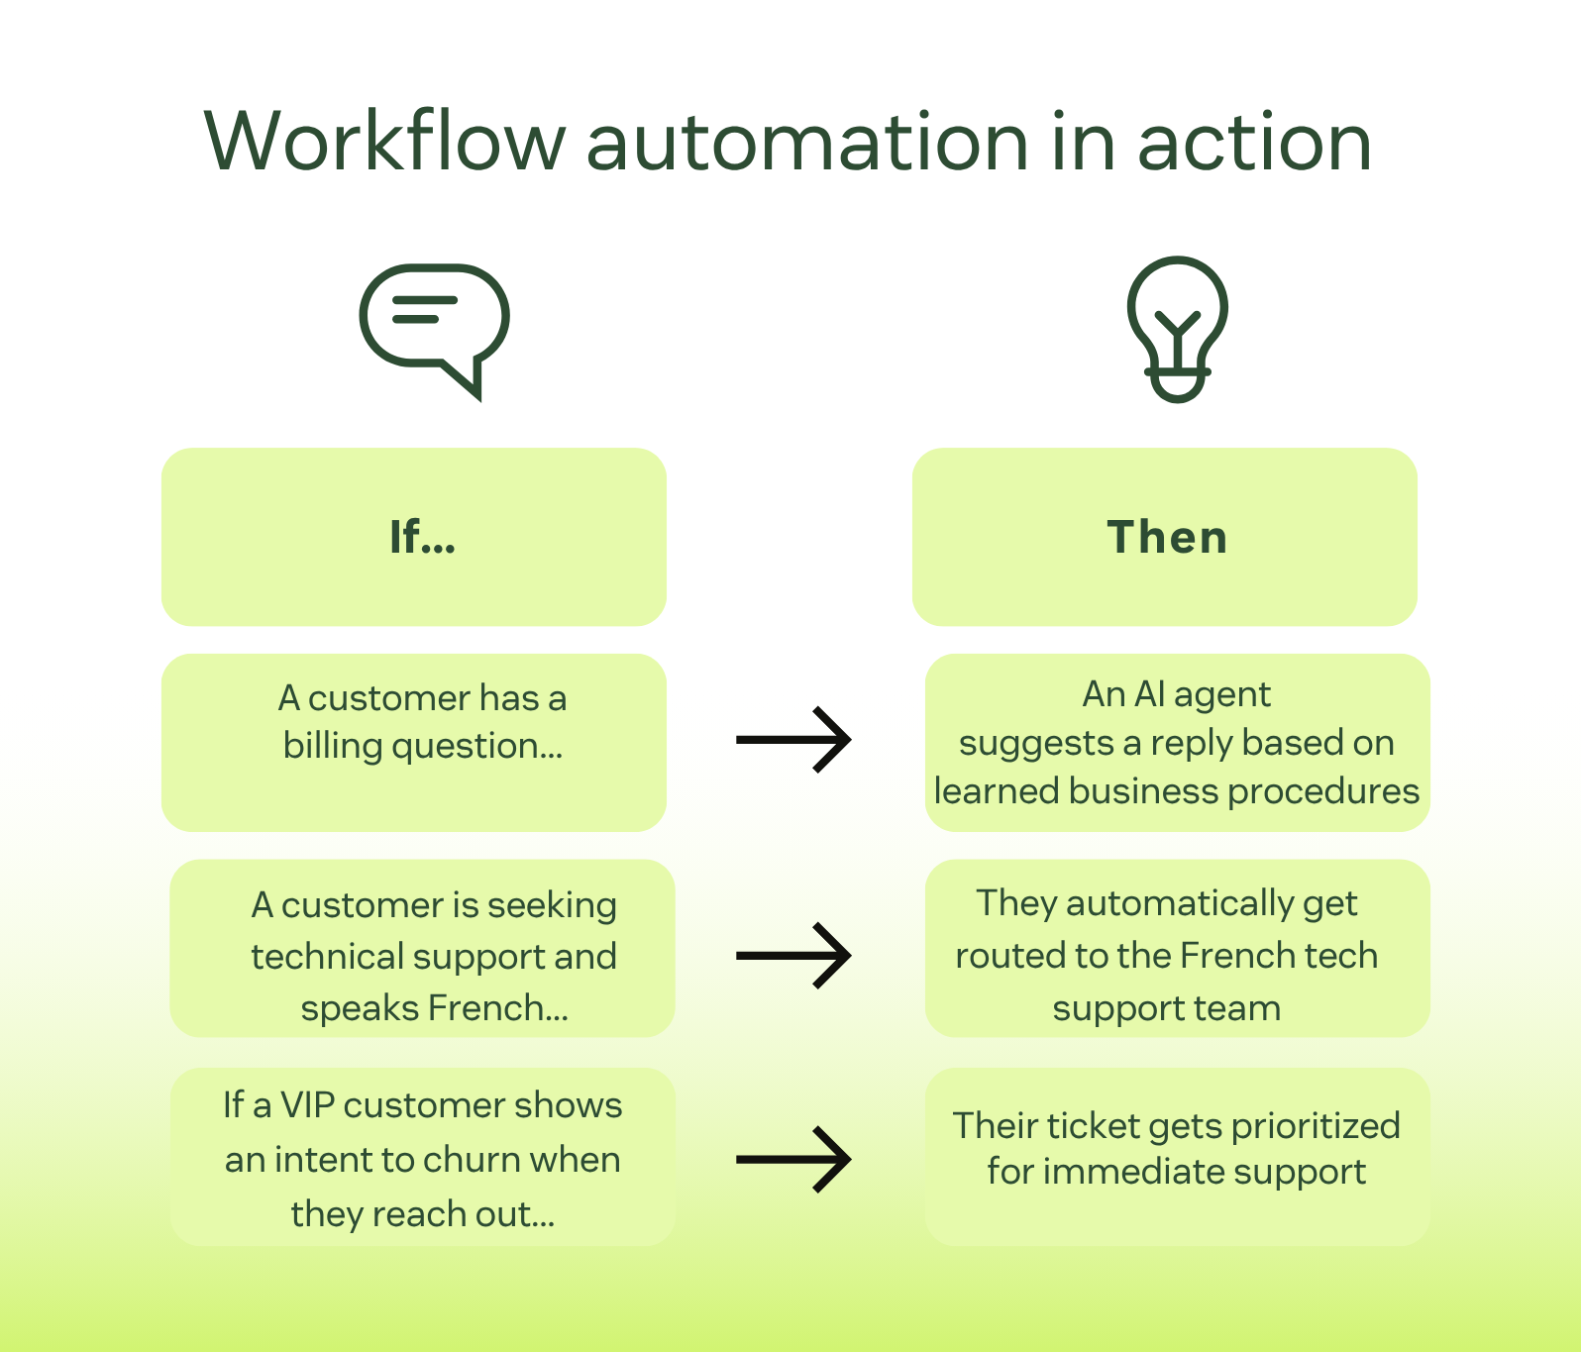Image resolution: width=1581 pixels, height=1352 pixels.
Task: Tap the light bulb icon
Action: coord(1177,329)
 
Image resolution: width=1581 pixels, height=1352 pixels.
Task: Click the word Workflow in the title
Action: coord(384,143)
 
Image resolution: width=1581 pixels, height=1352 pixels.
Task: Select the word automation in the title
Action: coord(807,143)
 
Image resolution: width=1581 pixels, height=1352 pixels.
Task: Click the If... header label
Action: coord(422,537)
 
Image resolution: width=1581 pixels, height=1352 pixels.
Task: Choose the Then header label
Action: coord(1167,537)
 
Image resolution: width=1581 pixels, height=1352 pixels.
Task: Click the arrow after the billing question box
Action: coord(793,739)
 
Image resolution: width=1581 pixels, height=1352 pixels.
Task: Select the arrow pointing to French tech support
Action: coord(793,955)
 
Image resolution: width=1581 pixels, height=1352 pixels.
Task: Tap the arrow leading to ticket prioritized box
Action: coord(793,1159)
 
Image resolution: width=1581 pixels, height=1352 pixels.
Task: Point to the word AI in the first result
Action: coord(1149,694)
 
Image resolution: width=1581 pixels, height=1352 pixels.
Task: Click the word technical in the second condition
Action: coord(327,957)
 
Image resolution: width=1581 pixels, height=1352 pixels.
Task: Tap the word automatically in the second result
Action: coord(1180,903)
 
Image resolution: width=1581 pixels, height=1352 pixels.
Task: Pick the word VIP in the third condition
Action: coord(307,1105)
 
